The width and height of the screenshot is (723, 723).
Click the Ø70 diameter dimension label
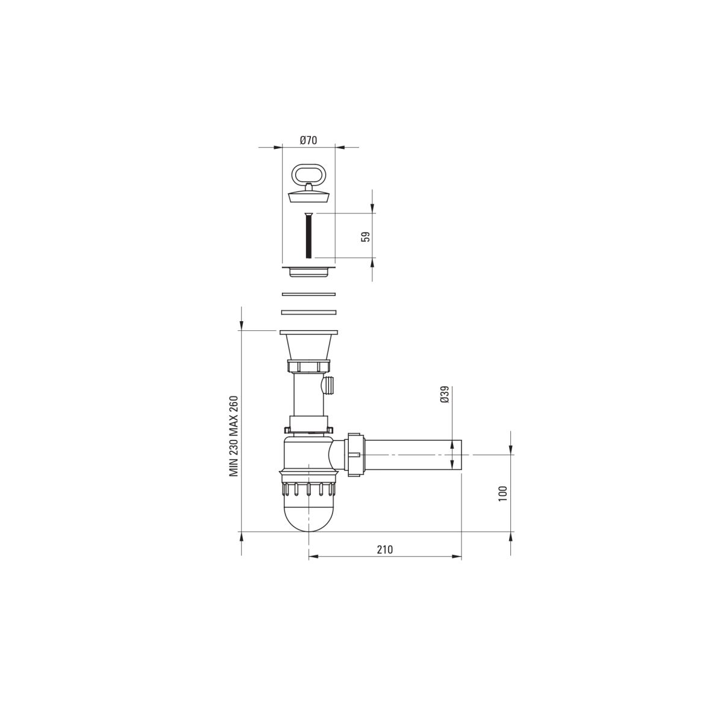(x=308, y=140)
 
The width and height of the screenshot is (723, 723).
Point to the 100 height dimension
(x=503, y=493)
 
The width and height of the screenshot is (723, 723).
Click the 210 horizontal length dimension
(x=385, y=549)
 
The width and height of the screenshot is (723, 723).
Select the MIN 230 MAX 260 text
(x=234, y=436)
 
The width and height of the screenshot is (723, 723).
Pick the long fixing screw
(x=309, y=235)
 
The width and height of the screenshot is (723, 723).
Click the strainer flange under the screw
(x=308, y=271)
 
